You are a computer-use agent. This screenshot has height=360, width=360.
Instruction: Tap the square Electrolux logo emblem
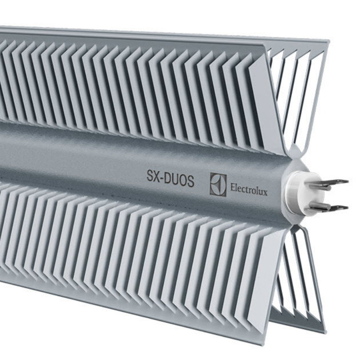[218, 185]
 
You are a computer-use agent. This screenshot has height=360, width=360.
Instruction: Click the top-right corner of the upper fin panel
[328, 41]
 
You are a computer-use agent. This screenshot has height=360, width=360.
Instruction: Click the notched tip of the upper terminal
[345, 182]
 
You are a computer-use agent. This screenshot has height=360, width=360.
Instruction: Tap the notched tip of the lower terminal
[345, 208]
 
